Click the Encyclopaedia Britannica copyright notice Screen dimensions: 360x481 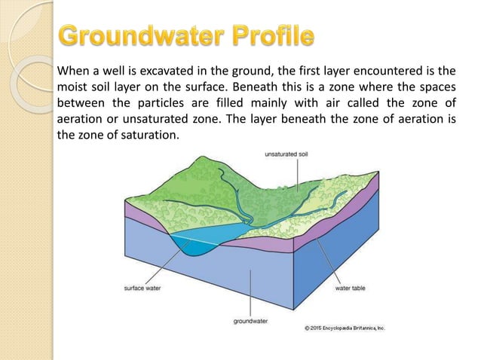click(x=344, y=328)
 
